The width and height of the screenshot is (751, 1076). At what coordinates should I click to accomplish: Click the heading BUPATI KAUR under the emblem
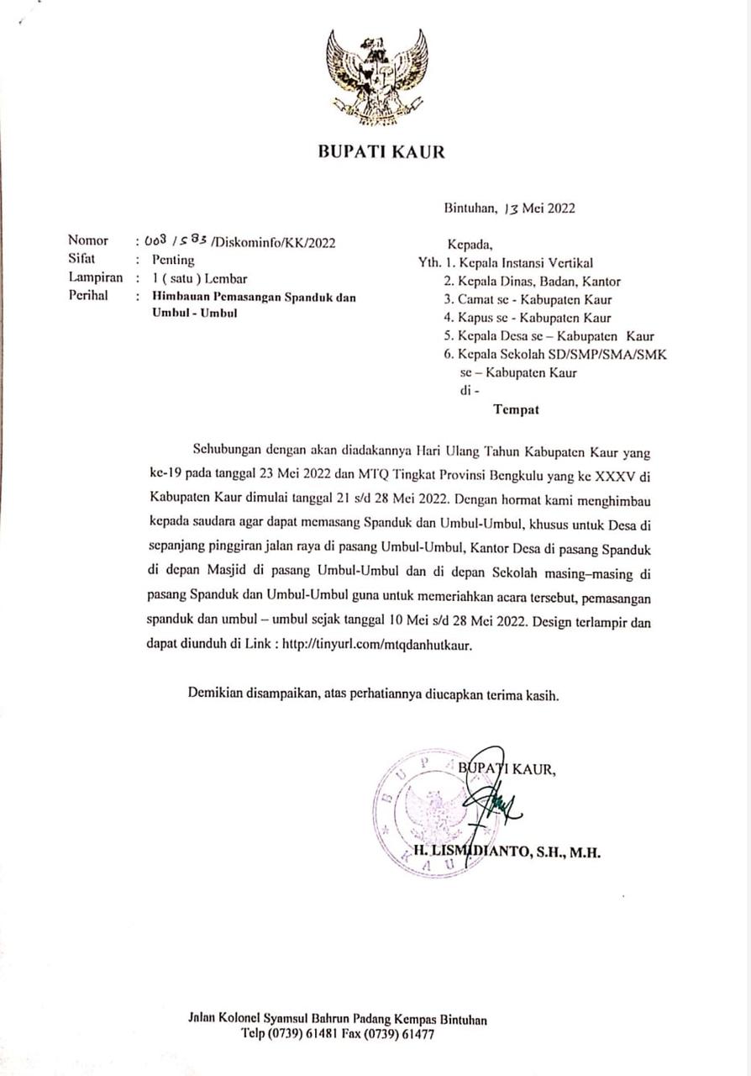point(381,152)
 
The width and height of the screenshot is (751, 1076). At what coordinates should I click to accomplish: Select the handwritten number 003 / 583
point(176,242)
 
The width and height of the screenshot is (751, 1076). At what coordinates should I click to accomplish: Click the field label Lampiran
point(95,277)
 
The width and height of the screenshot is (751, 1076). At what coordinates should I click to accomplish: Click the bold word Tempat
point(516,410)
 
